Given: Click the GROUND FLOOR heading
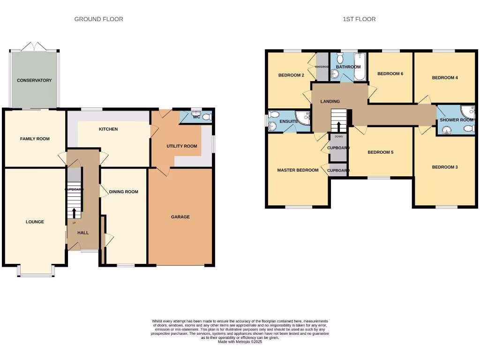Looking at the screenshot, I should pos(99,19).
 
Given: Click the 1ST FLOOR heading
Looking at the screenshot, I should pos(359,19).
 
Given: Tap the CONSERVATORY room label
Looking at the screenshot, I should pos(34,81).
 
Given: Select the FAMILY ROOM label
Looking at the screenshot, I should pos(35,139).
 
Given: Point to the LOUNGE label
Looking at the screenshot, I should pos(35,222).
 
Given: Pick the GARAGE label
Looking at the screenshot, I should pos(180,217).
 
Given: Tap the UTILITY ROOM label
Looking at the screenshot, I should pos(182,146).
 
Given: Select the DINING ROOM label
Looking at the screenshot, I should pos(124,192).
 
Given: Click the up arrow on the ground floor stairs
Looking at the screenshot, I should pos(74,213).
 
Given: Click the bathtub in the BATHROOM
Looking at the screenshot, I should pos(360,67).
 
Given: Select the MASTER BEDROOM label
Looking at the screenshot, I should pos(298,170).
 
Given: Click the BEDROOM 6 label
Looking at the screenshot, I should pos(390,74).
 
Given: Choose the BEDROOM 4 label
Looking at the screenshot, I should pos(445,78).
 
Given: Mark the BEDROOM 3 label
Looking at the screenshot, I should pos(445,167).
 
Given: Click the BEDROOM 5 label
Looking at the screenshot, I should pos(380,152).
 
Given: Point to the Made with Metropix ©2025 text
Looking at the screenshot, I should pos(240,342).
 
